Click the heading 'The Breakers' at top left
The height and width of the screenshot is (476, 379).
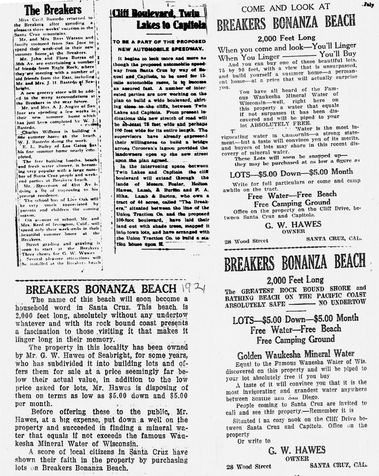(x=53, y=10)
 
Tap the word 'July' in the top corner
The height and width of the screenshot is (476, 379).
(x=368, y=5)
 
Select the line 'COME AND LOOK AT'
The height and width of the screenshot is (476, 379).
(x=285, y=8)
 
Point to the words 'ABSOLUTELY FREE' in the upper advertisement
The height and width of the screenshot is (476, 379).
(x=274, y=123)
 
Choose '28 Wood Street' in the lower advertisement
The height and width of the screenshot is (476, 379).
(x=249, y=466)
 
